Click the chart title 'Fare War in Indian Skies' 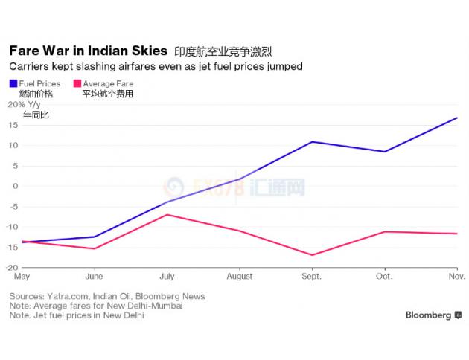(88, 51)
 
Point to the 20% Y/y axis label (25, 104)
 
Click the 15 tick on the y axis (13, 124)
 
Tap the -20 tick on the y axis (13, 267)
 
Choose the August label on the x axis (239, 277)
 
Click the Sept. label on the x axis (311, 277)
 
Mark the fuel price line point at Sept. (311, 141)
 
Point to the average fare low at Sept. (311, 255)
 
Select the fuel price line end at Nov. (456, 118)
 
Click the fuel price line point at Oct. (384, 152)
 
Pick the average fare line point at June (94, 248)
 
